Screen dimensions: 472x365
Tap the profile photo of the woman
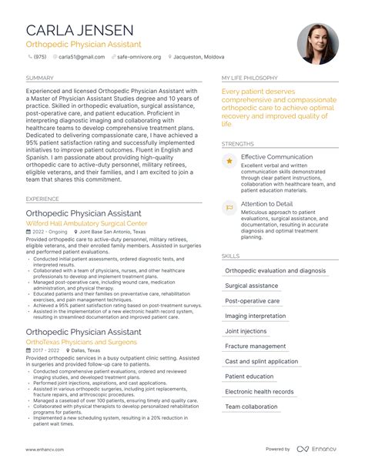[318, 43]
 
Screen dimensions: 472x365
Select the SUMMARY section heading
[39, 78]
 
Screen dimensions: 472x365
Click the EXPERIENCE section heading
[42, 199]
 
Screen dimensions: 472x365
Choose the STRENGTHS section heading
[238, 144]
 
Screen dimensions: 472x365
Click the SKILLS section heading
[230, 256]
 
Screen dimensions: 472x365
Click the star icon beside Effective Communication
[229, 160]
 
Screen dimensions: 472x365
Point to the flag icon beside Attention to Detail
[229, 206]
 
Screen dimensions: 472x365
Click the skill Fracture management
[256, 346]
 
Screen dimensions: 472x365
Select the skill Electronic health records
[260, 391]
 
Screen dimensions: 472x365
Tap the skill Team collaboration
[251, 407]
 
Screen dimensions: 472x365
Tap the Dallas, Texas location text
[96, 350]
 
